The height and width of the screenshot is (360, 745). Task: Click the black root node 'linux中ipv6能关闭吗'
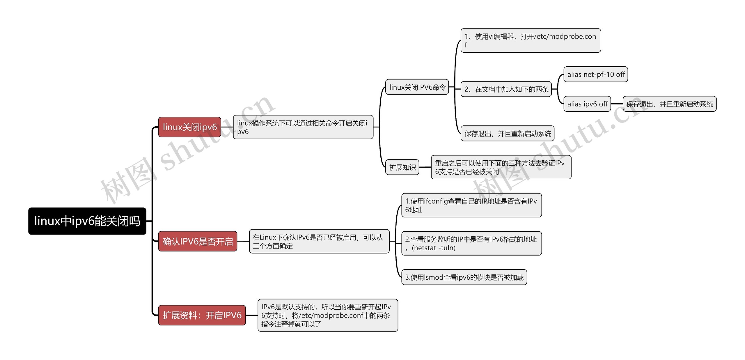click(87, 221)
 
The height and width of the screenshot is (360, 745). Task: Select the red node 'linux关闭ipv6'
click(189, 127)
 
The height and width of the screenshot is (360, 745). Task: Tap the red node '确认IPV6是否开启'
click(198, 241)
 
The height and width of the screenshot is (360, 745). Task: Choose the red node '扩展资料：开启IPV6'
click(202, 315)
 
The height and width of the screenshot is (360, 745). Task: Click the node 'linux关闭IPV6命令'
click(417, 87)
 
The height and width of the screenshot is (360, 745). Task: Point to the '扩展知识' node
click(402, 167)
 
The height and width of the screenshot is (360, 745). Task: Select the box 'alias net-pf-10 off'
click(596, 75)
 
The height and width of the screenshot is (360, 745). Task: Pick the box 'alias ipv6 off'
click(587, 104)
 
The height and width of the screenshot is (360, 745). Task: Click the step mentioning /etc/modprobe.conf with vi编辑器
click(531, 40)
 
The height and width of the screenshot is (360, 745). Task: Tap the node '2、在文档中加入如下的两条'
click(506, 89)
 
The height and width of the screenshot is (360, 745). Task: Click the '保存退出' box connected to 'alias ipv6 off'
click(669, 104)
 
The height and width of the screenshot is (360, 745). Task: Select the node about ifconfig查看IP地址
click(471, 205)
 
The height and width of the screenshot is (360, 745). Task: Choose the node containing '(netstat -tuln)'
click(471, 243)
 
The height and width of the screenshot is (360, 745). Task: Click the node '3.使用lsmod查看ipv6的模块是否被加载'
click(464, 277)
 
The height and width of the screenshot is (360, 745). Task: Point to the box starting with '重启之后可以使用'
click(501, 167)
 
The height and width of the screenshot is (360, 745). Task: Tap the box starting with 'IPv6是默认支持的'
click(328, 315)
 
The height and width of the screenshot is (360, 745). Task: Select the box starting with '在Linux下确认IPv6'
click(319, 241)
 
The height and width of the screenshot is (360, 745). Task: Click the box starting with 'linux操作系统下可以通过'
click(303, 127)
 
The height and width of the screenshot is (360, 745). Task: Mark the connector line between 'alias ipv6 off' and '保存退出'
click(617, 104)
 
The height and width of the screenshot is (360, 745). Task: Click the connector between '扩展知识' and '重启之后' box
click(425, 167)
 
